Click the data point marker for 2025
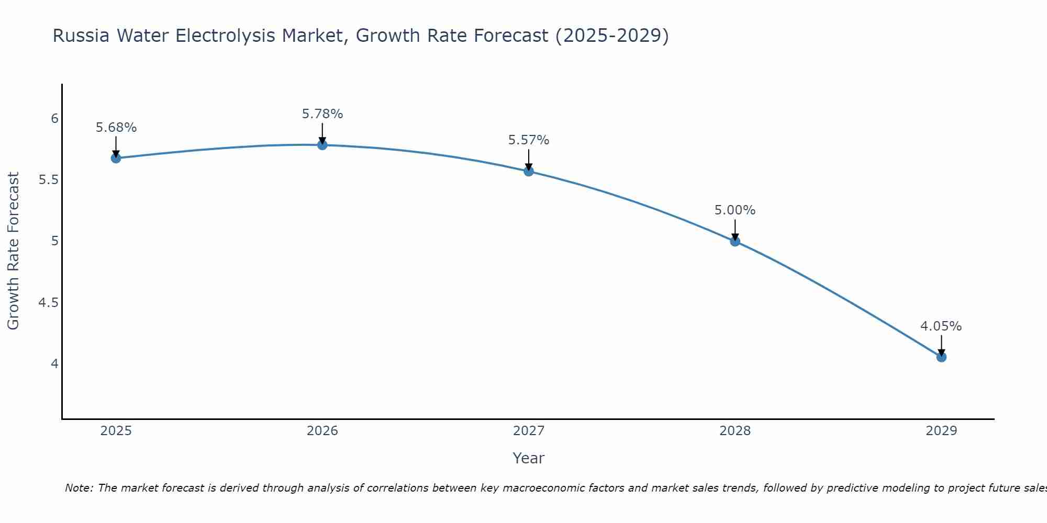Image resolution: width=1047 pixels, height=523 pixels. [x=116, y=158]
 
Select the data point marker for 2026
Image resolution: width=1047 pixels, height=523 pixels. [x=322, y=145]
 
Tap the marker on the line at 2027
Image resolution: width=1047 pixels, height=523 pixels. [x=529, y=171]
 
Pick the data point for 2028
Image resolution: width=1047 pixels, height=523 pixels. [x=735, y=241]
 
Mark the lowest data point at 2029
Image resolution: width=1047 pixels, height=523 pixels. [x=941, y=357]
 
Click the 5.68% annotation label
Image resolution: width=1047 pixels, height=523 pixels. [x=116, y=128]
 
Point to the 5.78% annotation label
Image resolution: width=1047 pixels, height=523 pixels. [x=322, y=114]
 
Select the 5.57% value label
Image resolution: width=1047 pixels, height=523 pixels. [x=529, y=140]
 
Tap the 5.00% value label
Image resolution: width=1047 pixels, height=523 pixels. [x=735, y=210]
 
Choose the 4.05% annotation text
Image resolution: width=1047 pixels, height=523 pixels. [x=941, y=326]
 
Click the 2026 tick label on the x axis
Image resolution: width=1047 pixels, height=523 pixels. [x=322, y=431]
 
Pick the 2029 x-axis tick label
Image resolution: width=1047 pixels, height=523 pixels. [x=941, y=431]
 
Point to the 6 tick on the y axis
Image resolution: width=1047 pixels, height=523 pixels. [x=54, y=119]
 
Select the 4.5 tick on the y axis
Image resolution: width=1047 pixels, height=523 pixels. [x=48, y=303]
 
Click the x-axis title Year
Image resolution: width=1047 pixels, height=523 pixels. [x=529, y=458]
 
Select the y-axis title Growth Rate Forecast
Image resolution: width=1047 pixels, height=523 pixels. [x=14, y=251]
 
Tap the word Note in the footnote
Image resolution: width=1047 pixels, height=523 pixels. [x=79, y=488]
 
